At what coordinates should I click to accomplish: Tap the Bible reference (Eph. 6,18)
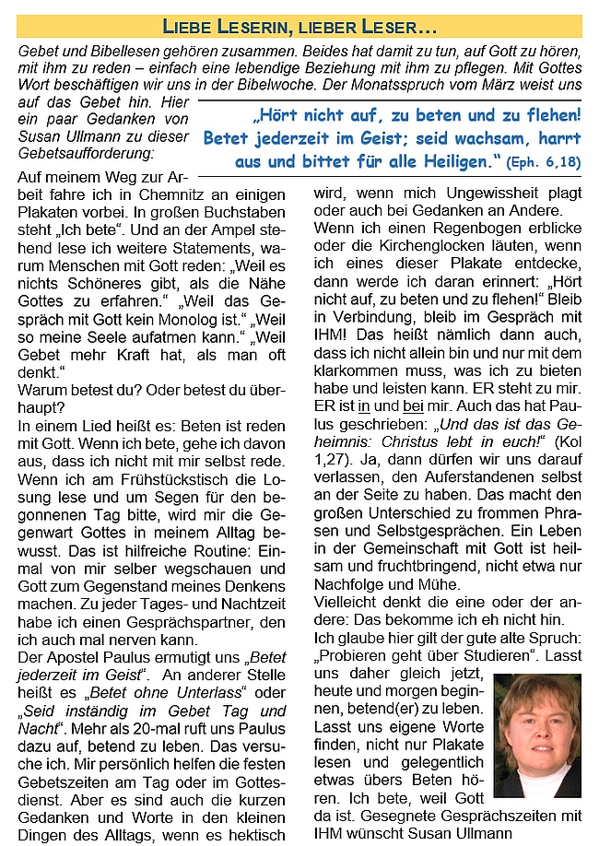coord(544,163)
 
